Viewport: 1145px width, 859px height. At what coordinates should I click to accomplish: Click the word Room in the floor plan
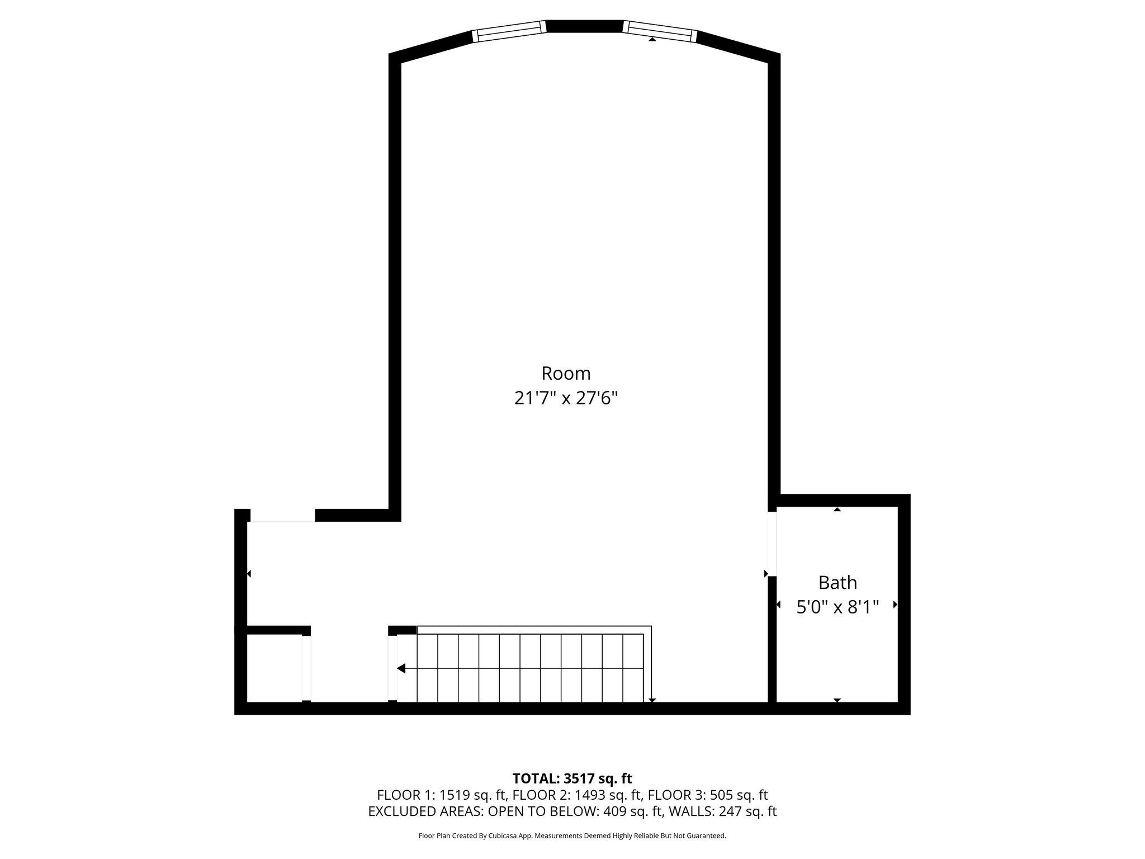[x=566, y=373]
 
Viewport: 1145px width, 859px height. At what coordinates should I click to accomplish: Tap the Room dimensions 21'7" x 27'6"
[x=566, y=399]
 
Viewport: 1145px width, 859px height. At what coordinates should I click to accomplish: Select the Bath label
[x=838, y=583]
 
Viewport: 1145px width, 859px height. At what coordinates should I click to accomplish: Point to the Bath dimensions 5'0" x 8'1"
[x=838, y=607]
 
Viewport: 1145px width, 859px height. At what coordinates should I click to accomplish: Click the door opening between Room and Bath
[x=772, y=544]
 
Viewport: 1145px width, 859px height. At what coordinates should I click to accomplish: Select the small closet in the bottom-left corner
[x=274, y=668]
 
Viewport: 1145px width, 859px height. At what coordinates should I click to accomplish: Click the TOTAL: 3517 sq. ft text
[x=572, y=778]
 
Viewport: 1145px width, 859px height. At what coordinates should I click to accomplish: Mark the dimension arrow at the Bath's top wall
[x=837, y=509]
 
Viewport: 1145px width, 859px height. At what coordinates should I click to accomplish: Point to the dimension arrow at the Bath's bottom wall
[x=837, y=700]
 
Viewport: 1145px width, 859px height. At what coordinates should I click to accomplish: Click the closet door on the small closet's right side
[x=306, y=668]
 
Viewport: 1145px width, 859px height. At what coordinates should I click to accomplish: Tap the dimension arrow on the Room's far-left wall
[x=249, y=574]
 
